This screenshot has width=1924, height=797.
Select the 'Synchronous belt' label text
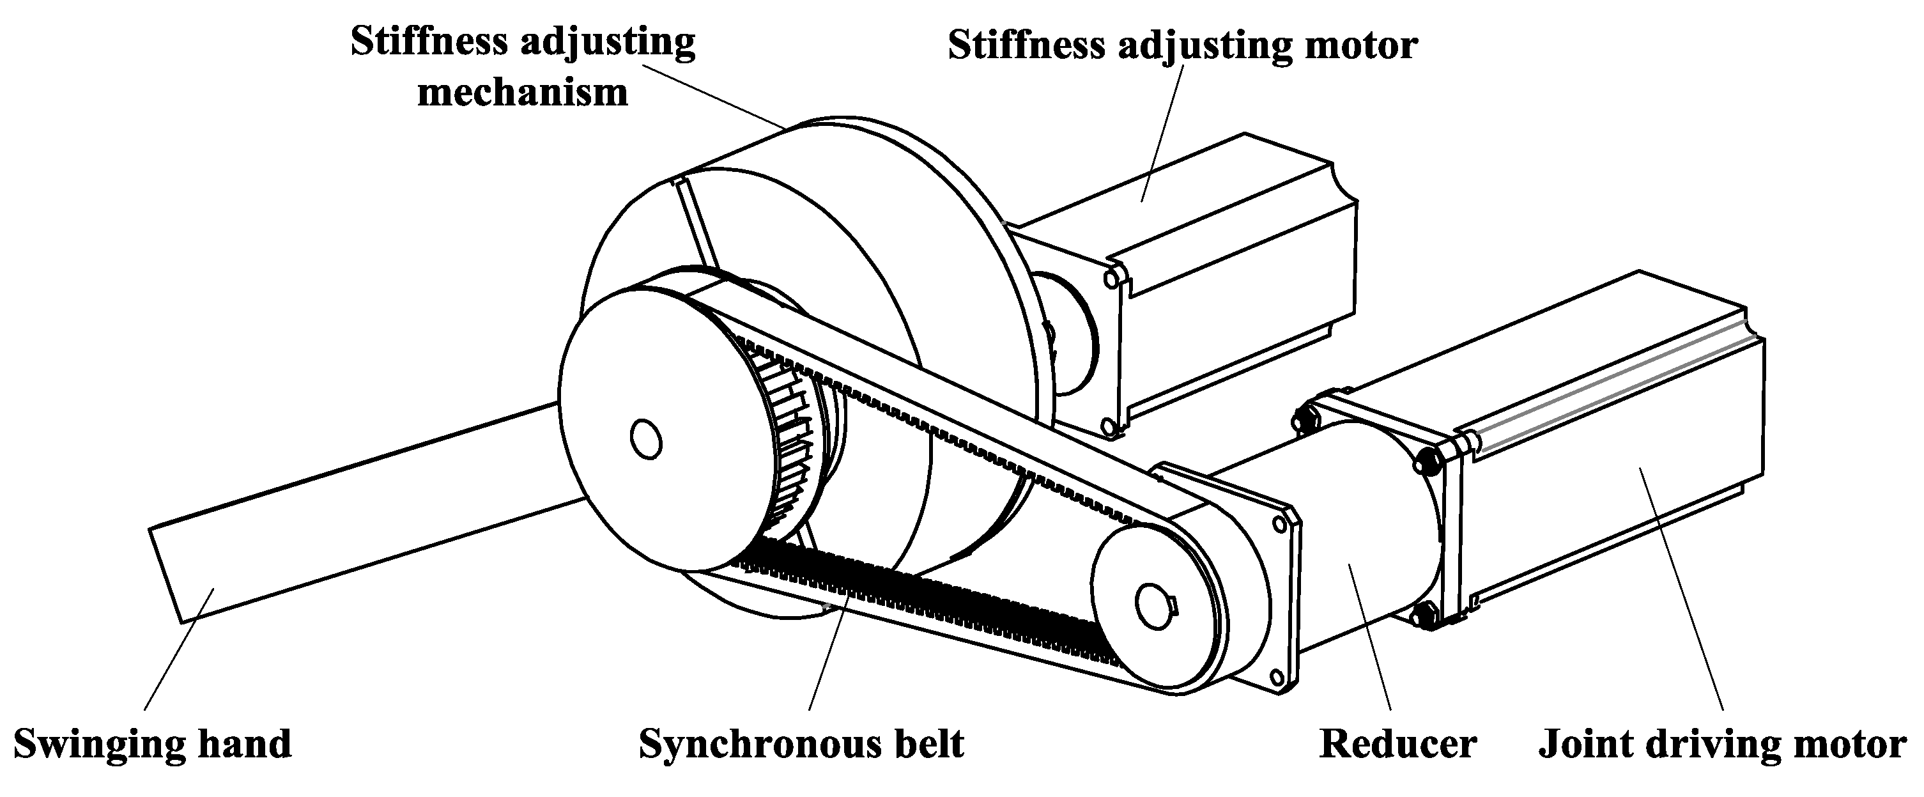click(x=801, y=745)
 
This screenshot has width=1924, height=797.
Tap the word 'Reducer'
click(x=1398, y=745)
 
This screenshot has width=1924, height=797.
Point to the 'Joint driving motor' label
click(x=1722, y=745)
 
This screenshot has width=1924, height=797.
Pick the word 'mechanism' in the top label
click(x=522, y=93)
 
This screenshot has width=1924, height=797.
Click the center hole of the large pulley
click(x=645, y=439)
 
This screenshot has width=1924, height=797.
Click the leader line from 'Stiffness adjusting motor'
click(x=1162, y=134)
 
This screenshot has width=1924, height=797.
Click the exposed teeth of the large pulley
click(x=792, y=448)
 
